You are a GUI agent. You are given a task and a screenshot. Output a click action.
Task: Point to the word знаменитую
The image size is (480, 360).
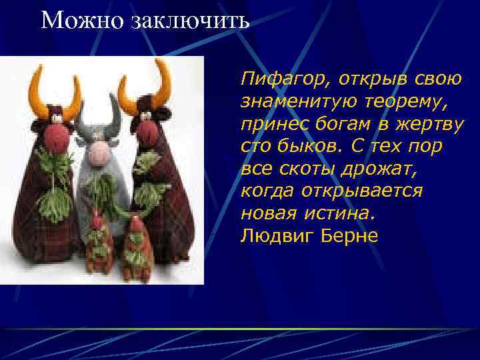300,102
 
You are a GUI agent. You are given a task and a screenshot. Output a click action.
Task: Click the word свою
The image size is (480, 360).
438,80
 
